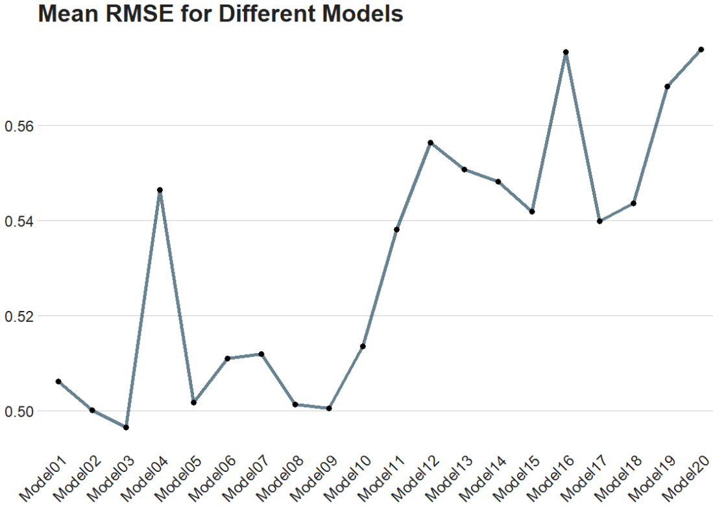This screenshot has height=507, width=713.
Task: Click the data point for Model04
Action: click(x=160, y=190)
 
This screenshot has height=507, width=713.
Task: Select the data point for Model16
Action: click(x=566, y=52)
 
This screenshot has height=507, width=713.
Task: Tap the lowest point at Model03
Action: click(x=126, y=427)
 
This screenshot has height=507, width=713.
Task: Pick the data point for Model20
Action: click(x=701, y=49)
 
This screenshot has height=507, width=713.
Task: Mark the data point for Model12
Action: click(x=430, y=143)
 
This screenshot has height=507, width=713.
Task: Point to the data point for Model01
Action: click(x=58, y=382)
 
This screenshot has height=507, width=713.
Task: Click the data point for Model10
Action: click(x=363, y=347)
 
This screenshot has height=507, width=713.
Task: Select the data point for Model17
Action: click(x=599, y=221)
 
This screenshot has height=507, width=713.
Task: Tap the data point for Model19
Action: click(x=667, y=86)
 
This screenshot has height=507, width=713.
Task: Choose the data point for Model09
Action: click(x=329, y=408)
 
